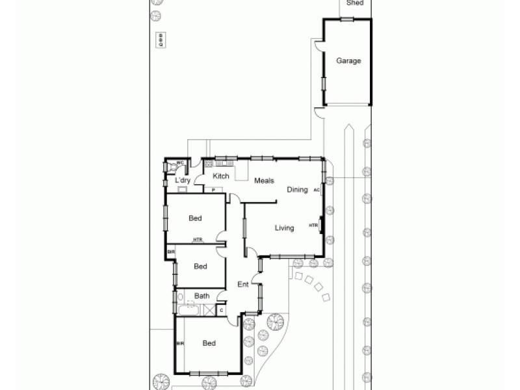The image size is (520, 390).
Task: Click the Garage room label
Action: [x=348, y=61]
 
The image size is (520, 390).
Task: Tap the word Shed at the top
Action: [x=355, y=3]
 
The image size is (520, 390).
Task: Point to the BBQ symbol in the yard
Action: [x=161, y=40]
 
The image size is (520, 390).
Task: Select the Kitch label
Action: [x=221, y=176]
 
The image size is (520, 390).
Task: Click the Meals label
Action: [x=263, y=181]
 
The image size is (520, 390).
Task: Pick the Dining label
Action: [x=297, y=190]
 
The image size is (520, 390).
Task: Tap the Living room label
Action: [x=284, y=228]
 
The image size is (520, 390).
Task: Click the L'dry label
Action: [x=182, y=180]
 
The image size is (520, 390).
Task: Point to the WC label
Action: [x=180, y=163]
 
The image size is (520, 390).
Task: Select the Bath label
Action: [x=201, y=296]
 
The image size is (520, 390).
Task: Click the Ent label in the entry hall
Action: [x=242, y=284]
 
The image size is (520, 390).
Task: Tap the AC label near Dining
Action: [x=316, y=190]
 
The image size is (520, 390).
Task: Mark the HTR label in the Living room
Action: [x=313, y=226]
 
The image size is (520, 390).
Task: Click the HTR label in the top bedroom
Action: [x=197, y=240]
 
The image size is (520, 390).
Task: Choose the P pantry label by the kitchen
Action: [x=213, y=190]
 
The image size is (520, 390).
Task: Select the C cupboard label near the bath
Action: [x=222, y=310]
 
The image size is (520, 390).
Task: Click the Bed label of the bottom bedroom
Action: [x=209, y=343]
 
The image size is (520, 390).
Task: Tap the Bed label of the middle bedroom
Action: [x=200, y=266]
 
